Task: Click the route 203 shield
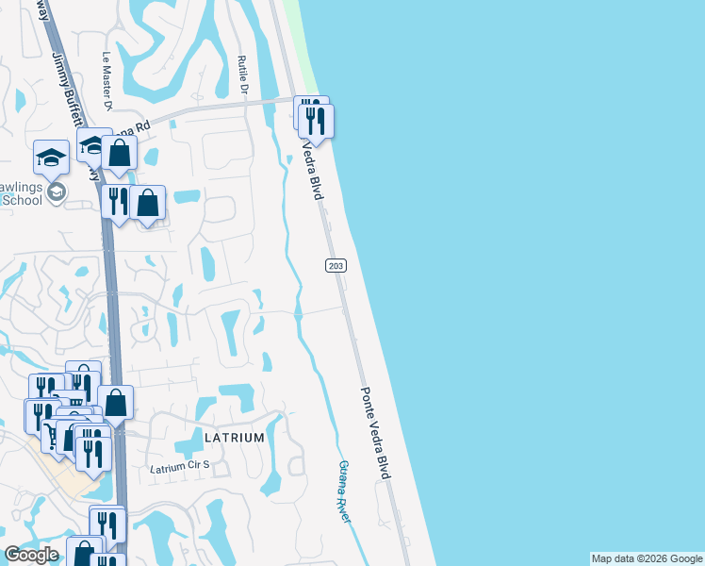(336, 267)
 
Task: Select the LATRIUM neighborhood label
(234, 439)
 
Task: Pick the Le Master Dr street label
(107, 80)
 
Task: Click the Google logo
(31, 555)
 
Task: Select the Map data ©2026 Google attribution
(647, 558)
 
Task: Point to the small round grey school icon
(57, 192)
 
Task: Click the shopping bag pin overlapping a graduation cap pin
(120, 154)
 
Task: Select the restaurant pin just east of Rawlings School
(117, 203)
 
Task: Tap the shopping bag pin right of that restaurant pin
(148, 204)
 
